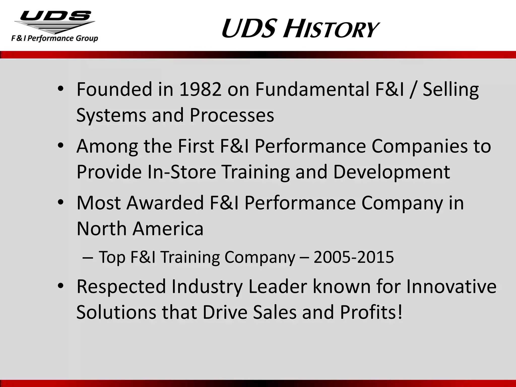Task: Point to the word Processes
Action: (x=232, y=115)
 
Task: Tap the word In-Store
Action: (x=181, y=172)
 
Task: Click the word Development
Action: (x=391, y=172)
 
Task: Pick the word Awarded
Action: (x=165, y=203)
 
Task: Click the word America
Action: (x=168, y=229)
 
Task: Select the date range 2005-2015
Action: (x=353, y=257)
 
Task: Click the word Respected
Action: (x=121, y=286)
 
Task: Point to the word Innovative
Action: (x=451, y=286)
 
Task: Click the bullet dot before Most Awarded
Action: (x=60, y=203)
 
